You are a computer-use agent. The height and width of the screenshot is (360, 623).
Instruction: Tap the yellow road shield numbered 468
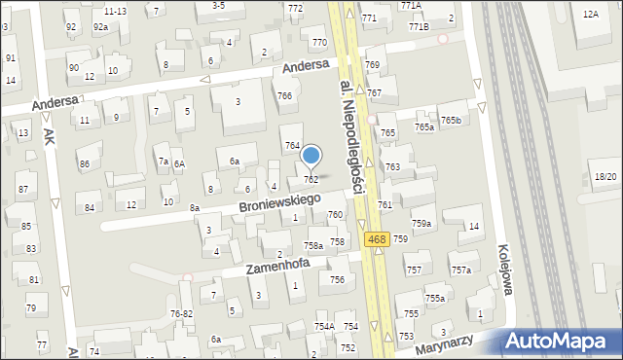pos(378,239)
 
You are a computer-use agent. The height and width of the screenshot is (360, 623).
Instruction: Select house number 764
pos(292,145)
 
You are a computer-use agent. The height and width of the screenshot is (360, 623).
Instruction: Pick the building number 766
pos(284,95)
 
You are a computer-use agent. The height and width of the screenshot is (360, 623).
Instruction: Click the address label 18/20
pos(605,176)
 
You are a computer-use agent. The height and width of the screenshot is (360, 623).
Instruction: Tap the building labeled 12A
pos(590,15)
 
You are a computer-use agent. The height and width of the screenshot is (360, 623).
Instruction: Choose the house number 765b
pos(451,121)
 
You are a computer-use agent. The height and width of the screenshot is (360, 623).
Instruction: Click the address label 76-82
pos(182,313)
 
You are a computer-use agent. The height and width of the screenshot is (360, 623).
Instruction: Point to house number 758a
pos(313,246)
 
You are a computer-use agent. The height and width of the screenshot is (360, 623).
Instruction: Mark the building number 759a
pos(421,224)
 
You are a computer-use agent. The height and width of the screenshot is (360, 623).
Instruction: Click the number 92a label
pos(100,27)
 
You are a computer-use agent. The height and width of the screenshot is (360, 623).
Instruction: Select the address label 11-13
pos(115,11)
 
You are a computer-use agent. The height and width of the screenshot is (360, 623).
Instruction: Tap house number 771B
pos(419,27)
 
